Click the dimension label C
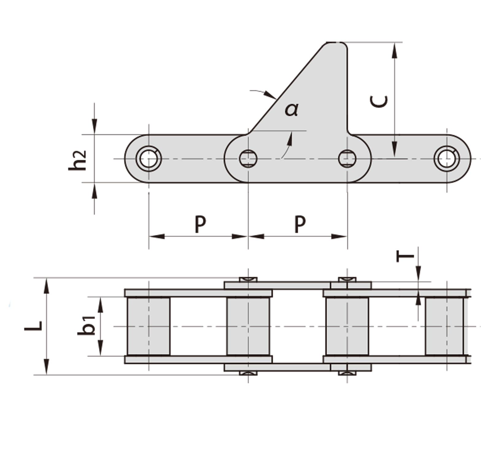point(379,102)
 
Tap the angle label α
point(291,109)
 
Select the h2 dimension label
point(77,160)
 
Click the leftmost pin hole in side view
point(149,159)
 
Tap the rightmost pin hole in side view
point(447,159)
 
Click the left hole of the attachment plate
point(248,159)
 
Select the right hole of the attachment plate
point(347,159)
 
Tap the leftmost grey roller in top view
point(148,326)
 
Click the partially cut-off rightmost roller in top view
point(445,326)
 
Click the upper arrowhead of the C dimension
point(395,50)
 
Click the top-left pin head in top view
point(248,279)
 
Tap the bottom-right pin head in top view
point(347,373)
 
